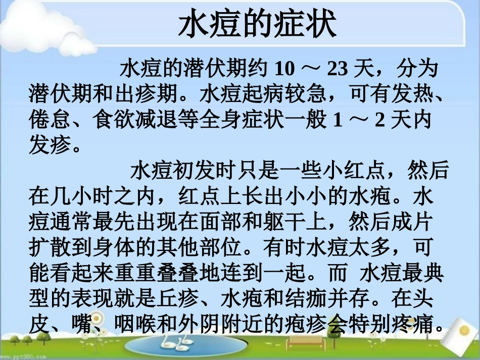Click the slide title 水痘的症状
pos(257,25)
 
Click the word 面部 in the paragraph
pos(230,221)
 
